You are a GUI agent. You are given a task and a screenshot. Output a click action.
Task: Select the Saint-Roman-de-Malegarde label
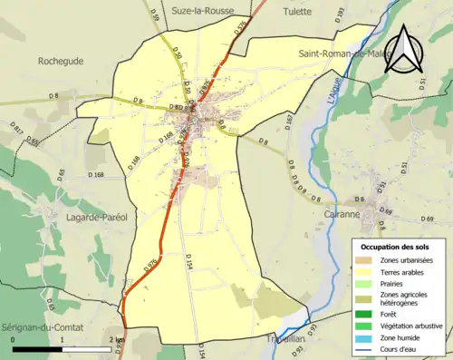pos(343,54)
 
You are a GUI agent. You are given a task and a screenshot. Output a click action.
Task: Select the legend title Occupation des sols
pos(396,247)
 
